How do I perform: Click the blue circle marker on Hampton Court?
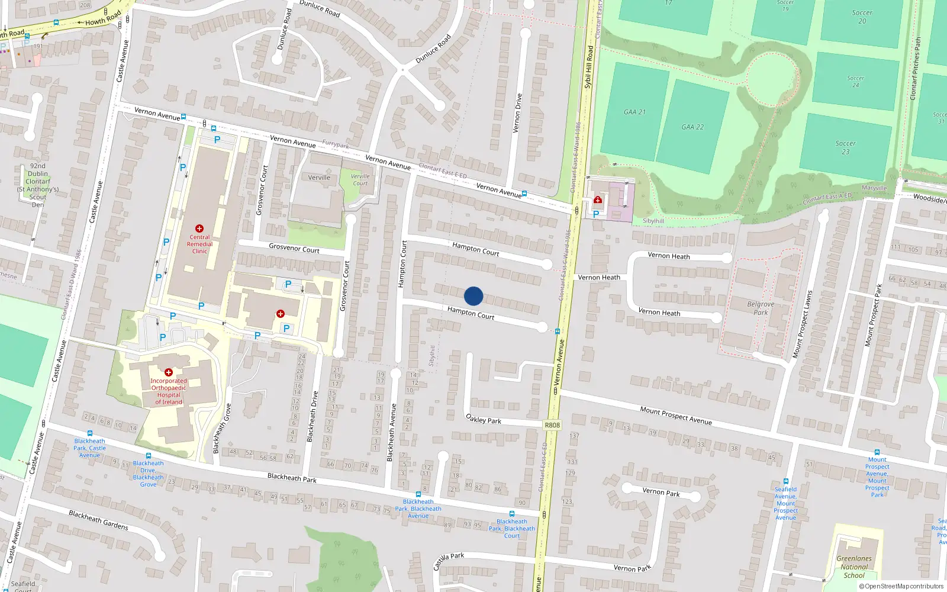(474, 296)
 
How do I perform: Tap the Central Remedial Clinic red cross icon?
(199, 229)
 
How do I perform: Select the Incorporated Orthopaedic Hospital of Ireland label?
(169, 391)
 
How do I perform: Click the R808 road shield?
(552, 425)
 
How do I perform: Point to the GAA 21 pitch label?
(634, 112)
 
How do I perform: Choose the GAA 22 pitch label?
(692, 127)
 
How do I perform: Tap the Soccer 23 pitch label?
(845, 147)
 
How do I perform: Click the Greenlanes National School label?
(854, 567)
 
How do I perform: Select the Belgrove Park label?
(761, 308)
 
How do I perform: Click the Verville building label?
(319, 178)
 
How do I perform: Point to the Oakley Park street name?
(484, 420)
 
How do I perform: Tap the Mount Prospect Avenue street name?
(675, 415)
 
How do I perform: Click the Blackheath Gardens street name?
(98, 520)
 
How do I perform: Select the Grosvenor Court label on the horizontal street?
(294, 249)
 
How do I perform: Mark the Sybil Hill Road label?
(588, 67)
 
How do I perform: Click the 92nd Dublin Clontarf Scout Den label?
(38, 185)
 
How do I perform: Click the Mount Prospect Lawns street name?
(803, 324)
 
